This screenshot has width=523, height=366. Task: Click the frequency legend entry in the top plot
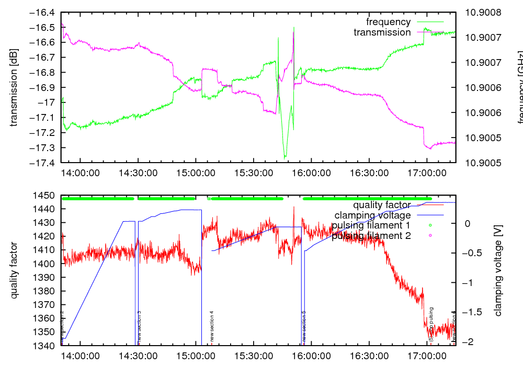click(388, 22)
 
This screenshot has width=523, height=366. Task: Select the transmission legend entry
click(382, 32)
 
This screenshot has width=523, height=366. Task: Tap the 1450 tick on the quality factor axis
click(47, 196)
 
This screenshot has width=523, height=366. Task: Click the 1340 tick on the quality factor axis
click(47, 346)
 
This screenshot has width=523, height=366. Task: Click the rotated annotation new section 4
click(212, 326)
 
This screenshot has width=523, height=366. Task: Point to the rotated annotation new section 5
click(304, 326)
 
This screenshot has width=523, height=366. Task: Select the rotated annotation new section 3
click(139, 326)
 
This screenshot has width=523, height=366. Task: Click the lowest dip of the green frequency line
click(285, 157)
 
